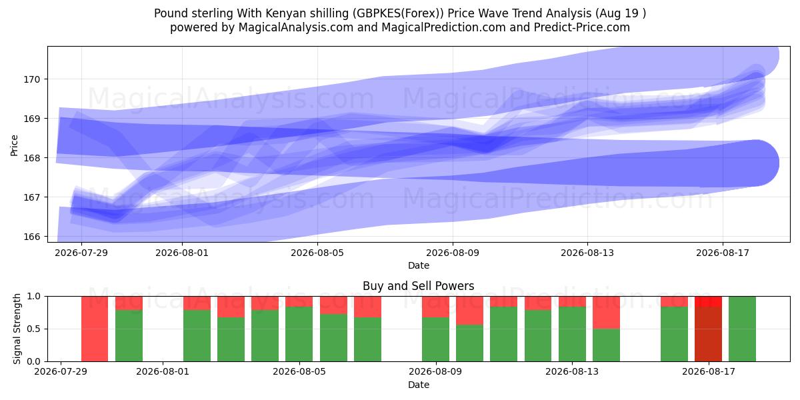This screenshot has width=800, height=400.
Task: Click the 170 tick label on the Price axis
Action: click(32, 79)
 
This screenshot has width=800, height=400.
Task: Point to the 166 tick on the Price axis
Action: click(32, 237)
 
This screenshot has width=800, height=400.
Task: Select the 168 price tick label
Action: click(32, 158)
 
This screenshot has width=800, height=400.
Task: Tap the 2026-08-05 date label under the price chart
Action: click(317, 253)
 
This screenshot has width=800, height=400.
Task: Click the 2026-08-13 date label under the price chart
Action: click(587, 253)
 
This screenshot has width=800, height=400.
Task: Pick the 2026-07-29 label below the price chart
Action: click(81, 253)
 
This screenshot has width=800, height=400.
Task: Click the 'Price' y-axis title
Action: click(14, 145)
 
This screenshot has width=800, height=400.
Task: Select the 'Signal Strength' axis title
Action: click(17, 329)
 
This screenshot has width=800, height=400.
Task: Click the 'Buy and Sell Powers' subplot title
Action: click(418, 286)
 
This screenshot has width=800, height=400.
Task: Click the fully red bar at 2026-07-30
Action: click(95, 329)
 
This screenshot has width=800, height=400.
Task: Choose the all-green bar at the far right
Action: click(743, 329)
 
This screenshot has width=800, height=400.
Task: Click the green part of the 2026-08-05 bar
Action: click(299, 334)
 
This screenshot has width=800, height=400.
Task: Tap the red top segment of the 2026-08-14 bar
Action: click(607, 313)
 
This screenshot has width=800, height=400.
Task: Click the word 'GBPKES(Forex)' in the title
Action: click(398, 13)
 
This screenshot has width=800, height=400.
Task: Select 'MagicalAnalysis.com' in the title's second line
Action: click(296, 27)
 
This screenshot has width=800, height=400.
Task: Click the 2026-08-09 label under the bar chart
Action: click(435, 372)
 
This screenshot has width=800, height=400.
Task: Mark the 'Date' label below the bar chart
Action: click(418, 385)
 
